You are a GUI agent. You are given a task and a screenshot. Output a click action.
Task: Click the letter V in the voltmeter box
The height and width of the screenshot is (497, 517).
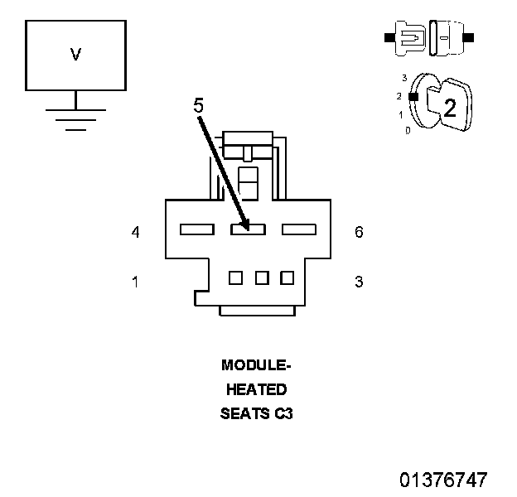coord(75,55)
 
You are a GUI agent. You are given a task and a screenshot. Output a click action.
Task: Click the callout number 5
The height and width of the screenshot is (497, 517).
coord(199,107)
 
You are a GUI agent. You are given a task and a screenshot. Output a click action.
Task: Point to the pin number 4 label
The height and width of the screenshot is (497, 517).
coord(135,232)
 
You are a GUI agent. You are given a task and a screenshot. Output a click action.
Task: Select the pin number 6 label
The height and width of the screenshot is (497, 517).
coord(359,232)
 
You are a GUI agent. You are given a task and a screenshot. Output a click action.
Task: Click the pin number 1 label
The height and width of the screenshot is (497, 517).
coord(135,282)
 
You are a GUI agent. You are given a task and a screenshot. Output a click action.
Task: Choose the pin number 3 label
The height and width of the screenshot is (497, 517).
coord(359,282)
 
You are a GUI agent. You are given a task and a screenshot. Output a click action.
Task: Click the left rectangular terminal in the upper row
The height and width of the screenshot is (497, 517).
coord(196,229)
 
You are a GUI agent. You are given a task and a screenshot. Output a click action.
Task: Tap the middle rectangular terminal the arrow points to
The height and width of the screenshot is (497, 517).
coord(248,229)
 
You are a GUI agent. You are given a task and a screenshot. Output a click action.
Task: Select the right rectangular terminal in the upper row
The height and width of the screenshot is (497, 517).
coord(299,229)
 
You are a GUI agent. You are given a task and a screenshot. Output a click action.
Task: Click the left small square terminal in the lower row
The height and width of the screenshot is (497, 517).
coord(235,277)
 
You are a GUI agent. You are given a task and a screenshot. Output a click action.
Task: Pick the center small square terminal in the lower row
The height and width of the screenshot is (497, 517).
coord(262,277)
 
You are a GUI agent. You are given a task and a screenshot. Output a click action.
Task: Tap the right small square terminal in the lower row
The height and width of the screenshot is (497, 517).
coord(287,277)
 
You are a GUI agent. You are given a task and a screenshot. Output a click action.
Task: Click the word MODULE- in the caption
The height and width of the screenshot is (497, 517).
coord(256,365)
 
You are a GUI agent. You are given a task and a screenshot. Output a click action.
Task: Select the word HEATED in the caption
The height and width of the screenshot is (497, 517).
coord(256,389)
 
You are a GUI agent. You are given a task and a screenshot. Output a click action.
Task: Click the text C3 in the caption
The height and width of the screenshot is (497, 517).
coord(283,413)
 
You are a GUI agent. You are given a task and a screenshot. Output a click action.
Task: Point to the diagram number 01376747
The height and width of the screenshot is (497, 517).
coord(443,480)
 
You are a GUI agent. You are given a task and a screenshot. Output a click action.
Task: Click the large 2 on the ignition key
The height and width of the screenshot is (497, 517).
coord(450,108)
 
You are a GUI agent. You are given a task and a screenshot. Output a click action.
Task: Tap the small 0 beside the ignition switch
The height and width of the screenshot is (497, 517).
coord(407,131)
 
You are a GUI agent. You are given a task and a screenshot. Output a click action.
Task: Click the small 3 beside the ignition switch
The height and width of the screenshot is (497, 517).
coord(404,78)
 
